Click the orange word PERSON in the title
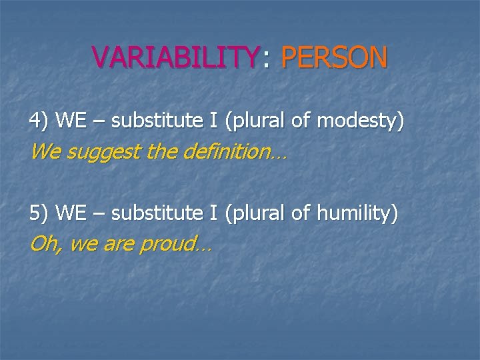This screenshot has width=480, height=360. coord(334,57)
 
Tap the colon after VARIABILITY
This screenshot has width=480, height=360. coord(266,60)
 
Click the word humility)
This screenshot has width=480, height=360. coord(357,214)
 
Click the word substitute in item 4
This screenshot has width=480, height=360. coord(151,121)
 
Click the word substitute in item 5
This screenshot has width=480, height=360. coord(151,214)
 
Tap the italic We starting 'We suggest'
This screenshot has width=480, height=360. coord(45,153)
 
